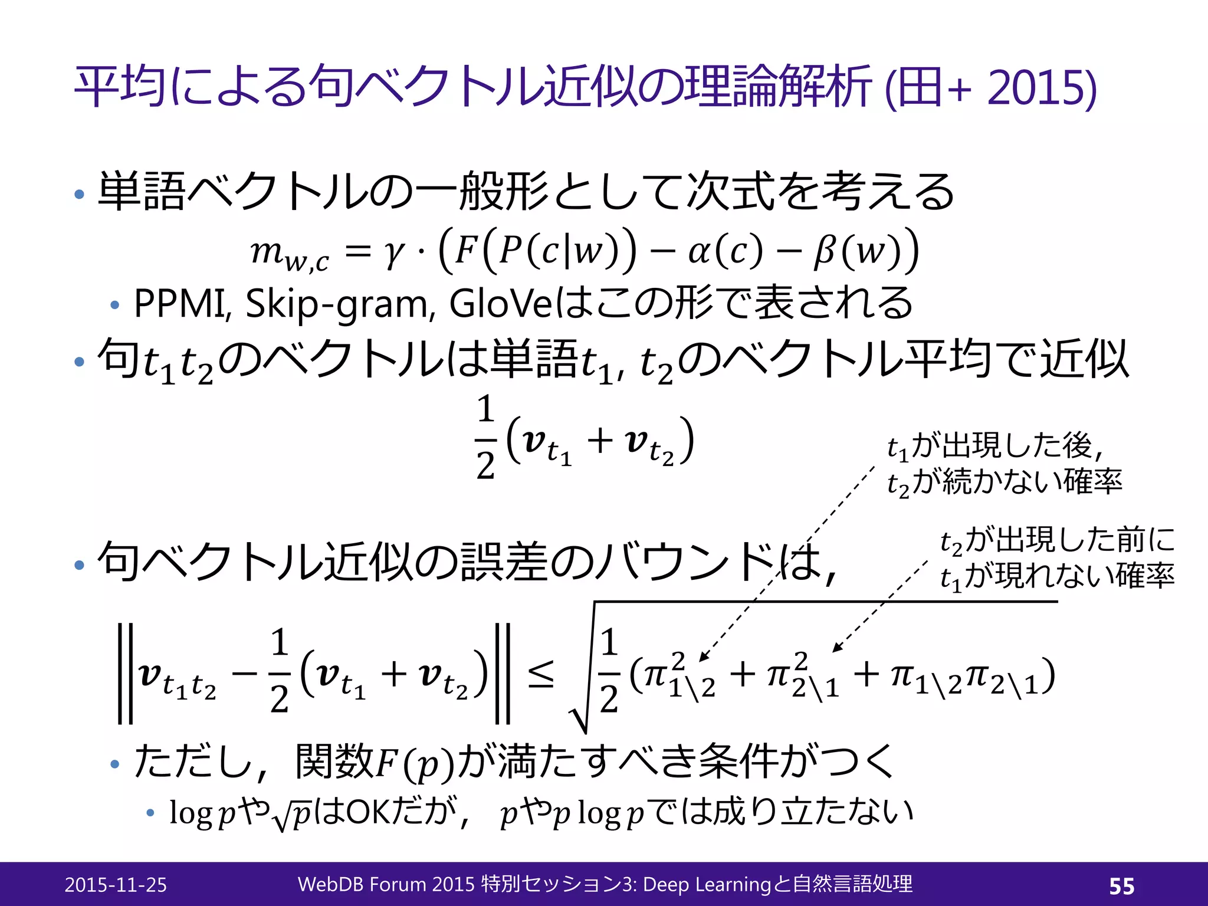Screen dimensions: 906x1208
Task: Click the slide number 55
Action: [x=1121, y=886]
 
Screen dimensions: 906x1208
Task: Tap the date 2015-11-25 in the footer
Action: [x=116, y=885]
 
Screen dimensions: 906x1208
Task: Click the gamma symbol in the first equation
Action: [x=394, y=252]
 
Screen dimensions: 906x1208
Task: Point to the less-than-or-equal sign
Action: [x=540, y=674]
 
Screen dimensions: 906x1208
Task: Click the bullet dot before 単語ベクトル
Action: [x=80, y=194]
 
